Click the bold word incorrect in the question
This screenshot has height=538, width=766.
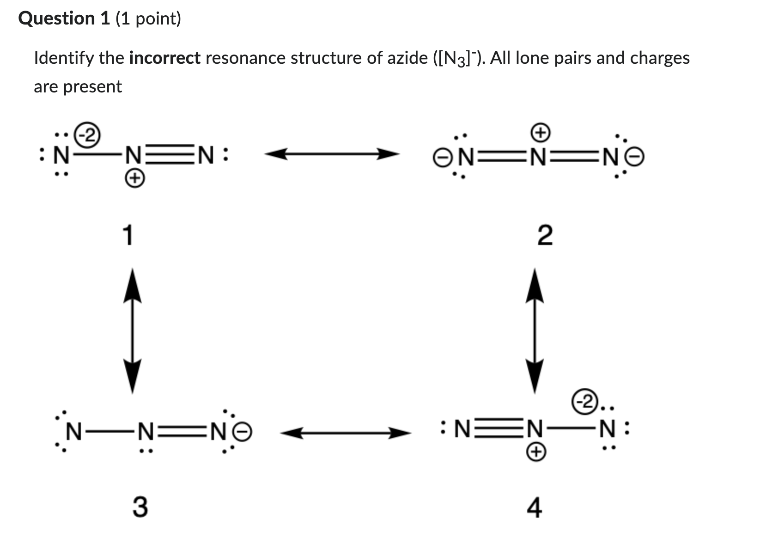[165, 58]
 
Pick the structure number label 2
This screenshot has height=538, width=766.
[545, 236]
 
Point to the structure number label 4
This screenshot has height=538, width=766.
[535, 508]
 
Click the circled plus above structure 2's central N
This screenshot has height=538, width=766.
[540, 133]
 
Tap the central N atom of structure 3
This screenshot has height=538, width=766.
[146, 432]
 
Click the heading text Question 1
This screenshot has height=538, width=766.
[64, 18]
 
